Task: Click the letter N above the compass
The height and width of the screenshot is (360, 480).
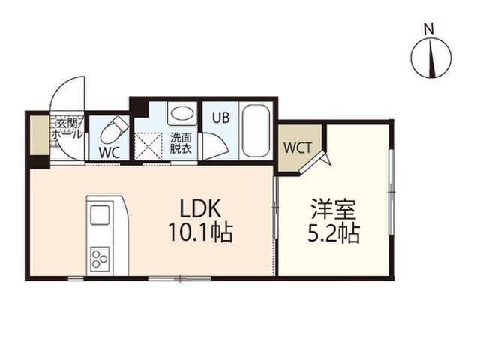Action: pyautogui.click(x=429, y=30)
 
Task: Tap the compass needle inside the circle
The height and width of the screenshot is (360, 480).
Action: pyautogui.click(x=432, y=58)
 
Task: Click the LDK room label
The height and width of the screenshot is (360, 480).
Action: pyautogui.click(x=200, y=208)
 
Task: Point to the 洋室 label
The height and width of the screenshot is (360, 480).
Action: pyautogui.click(x=333, y=209)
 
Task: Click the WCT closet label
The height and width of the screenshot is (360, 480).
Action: pyautogui.click(x=298, y=148)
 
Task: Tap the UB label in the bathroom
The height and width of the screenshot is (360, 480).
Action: pyautogui.click(x=221, y=118)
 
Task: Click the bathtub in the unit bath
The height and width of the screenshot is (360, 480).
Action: pyautogui.click(x=256, y=131)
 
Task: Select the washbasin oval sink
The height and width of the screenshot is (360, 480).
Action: pyautogui.click(x=182, y=113)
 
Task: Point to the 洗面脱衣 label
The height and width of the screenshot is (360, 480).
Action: pyautogui.click(x=181, y=143)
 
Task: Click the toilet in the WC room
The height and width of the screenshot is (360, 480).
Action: pyautogui.click(x=115, y=130)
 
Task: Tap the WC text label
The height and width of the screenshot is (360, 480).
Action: pyautogui.click(x=109, y=152)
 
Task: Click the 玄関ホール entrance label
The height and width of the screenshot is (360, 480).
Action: pyautogui.click(x=67, y=129)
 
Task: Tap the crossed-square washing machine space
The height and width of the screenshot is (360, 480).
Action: pyautogui.click(x=148, y=145)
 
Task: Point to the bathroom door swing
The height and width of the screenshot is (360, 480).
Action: pyautogui.click(x=216, y=145)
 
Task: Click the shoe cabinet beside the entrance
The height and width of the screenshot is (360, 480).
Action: pyautogui.click(x=39, y=135)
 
